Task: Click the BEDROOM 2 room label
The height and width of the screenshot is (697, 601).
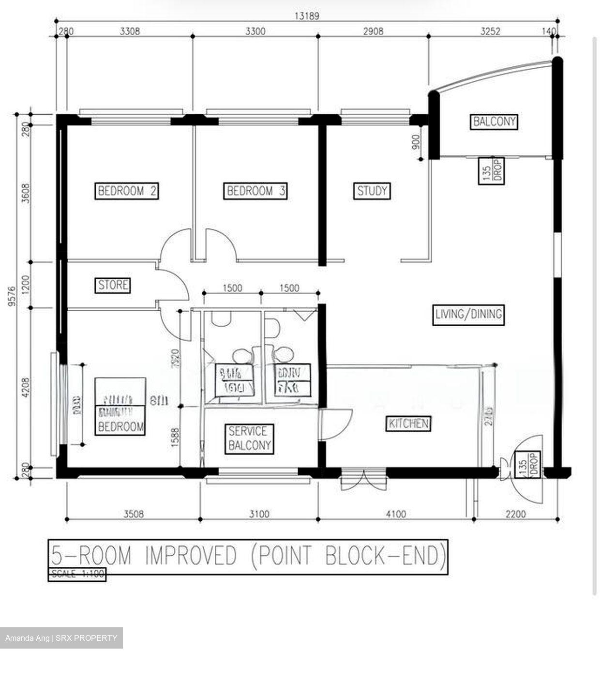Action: [x=127, y=191]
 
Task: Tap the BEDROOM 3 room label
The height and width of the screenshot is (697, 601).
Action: [x=256, y=191]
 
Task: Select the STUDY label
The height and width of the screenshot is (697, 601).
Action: [x=372, y=191]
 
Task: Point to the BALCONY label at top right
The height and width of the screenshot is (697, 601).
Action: [x=494, y=121]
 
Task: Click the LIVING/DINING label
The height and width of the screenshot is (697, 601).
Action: [x=468, y=314]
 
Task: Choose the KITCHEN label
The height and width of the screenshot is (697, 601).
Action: [x=409, y=424]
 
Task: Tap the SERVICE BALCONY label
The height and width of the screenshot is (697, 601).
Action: [x=249, y=439]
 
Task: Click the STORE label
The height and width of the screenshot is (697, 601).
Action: [x=113, y=285]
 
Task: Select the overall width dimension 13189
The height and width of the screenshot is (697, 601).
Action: [x=307, y=16]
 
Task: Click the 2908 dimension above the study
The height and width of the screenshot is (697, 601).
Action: [x=373, y=31]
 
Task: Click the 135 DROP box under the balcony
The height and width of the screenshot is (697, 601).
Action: [x=492, y=171]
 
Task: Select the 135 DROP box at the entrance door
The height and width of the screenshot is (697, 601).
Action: [x=527, y=465]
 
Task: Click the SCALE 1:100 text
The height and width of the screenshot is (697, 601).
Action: [x=76, y=574]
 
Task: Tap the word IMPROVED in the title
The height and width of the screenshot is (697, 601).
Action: [x=191, y=556]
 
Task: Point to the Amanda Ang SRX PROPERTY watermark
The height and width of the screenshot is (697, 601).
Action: [x=61, y=638]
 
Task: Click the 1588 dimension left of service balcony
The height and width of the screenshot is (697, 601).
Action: [x=175, y=438]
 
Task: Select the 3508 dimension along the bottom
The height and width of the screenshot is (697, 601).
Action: [x=133, y=514]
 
